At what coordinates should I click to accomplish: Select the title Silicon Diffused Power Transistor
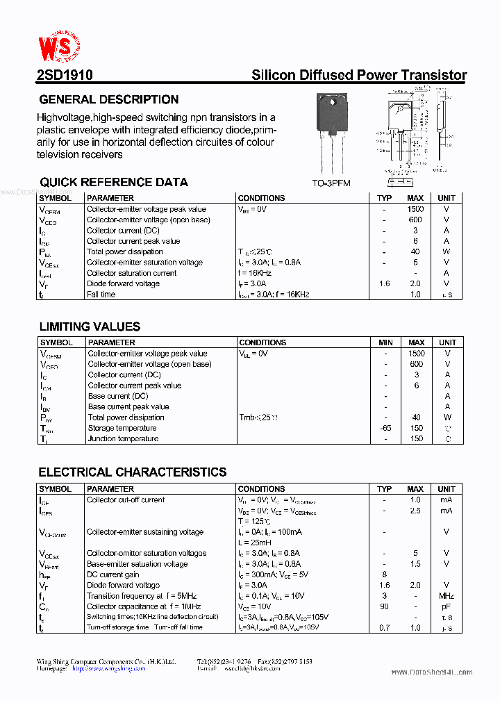click(358, 76)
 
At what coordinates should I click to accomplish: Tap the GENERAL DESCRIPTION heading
click(109, 99)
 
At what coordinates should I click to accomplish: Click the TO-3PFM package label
click(331, 183)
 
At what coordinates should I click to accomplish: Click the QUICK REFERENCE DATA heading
click(113, 182)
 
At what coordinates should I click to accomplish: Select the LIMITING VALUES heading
click(90, 326)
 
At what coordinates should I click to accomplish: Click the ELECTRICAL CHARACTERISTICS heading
click(132, 472)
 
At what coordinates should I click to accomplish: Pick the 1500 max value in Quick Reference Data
click(415, 209)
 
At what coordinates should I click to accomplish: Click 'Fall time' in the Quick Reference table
click(101, 295)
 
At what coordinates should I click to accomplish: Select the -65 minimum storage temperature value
click(385, 428)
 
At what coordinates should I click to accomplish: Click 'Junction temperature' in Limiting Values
click(123, 439)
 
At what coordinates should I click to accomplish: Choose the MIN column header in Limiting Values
click(385, 342)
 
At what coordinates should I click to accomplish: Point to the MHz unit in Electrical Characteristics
click(447, 596)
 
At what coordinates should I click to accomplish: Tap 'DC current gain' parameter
click(112, 574)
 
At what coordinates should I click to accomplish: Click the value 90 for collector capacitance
click(384, 606)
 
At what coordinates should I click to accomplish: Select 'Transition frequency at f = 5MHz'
click(142, 596)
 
